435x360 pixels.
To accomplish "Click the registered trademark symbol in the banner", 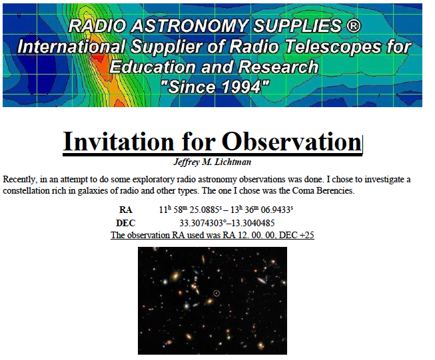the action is tap(354, 26).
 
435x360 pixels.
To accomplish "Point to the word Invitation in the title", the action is tap(119, 141).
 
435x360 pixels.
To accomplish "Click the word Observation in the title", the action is tap(292, 141).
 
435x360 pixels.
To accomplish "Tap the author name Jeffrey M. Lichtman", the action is tap(213, 162).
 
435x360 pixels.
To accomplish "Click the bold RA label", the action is tap(125, 210).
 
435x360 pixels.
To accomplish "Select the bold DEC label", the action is tap(125, 223).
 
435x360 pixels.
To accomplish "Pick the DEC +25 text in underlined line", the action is tap(296, 235).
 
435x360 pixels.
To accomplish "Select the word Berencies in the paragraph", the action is tap(336, 191).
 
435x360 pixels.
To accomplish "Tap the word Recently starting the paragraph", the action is tap(19, 179).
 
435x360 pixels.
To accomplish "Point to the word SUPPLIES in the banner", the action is tap(297, 26).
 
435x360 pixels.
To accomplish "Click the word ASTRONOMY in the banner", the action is tap(189, 26).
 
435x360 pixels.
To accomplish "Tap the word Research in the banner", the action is tap(278, 67).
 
